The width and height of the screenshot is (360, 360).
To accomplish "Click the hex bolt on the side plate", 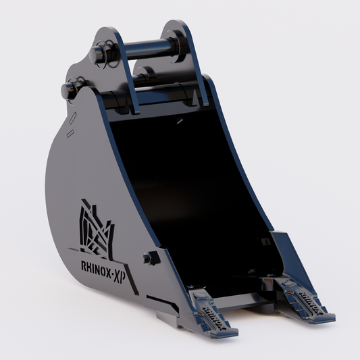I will (x=151, y=259).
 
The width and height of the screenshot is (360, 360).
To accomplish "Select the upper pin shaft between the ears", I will (x=145, y=49).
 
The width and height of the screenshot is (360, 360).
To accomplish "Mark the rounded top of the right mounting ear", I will (x=174, y=28).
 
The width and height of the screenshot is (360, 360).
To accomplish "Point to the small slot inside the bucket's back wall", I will (x=179, y=122).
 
